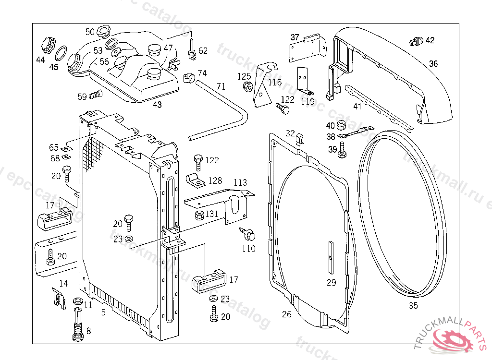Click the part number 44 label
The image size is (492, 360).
point(40,60)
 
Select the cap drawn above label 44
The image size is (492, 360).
point(47,45)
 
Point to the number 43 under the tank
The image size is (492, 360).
point(157,105)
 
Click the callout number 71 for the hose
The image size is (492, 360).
point(221,86)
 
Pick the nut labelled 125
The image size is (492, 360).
point(248,87)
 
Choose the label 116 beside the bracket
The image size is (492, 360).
point(275,83)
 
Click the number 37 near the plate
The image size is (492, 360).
point(295,37)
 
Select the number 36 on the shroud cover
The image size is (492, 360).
point(433,63)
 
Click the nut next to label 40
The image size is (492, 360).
point(342,126)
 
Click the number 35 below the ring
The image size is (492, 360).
point(413,305)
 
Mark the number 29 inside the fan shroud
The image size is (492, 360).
point(332,283)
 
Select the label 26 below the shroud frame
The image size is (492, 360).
point(287,314)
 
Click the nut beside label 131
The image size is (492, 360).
point(198,214)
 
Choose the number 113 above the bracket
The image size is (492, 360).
point(240,183)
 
